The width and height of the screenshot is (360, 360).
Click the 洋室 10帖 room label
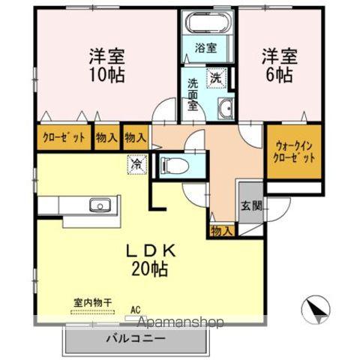[107, 65]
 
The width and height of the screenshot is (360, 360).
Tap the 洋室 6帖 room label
[278, 65]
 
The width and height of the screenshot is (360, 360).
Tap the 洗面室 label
[193, 94]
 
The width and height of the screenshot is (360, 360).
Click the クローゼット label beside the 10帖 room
[62, 138]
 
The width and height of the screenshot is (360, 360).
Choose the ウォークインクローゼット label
[295, 152]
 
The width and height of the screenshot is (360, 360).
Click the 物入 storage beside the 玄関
[221, 229]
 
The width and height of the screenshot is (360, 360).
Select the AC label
[136, 308]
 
